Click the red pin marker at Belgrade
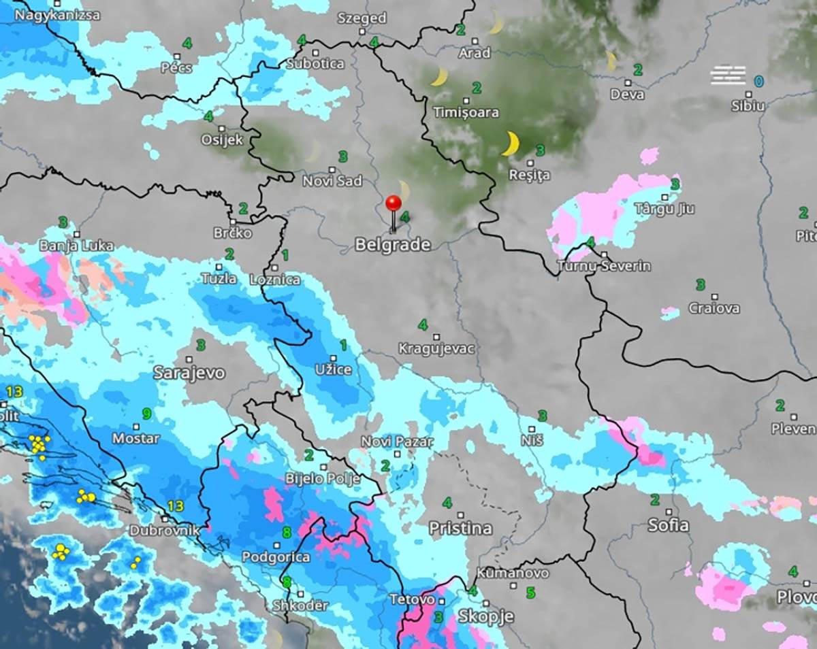[x=394, y=203]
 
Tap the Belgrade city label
[x=393, y=244]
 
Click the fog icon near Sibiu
[x=728, y=75]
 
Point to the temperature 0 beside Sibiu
[x=758, y=82]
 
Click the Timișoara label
[x=466, y=112]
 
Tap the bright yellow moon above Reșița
[x=510, y=144]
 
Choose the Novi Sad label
[x=332, y=181]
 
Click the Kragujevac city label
[x=436, y=348]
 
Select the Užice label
[x=334, y=369]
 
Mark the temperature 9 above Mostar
[x=146, y=414]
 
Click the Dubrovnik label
[x=164, y=530]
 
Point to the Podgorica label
[x=276, y=557]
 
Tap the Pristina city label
[x=460, y=528]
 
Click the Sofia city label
[x=668, y=525]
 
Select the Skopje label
[x=485, y=616]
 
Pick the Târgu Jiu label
[x=664, y=208]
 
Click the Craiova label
[x=714, y=308]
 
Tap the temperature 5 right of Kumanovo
[x=530, y=593]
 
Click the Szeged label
[x=362, y=18]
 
